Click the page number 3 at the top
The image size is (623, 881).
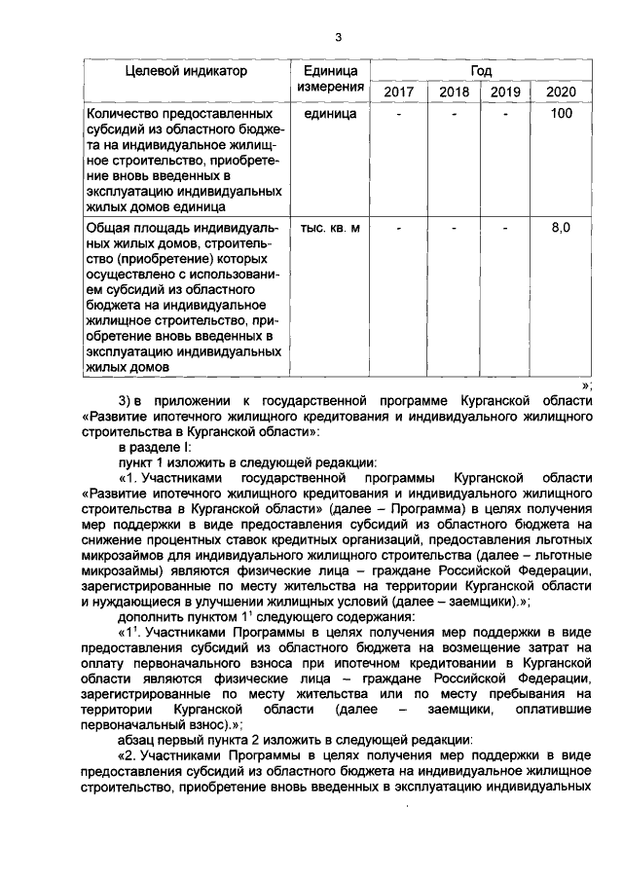[338, 38]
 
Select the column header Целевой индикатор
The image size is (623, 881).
[186, 71]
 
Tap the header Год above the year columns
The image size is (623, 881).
[481, 71]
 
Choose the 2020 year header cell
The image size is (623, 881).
[561, 92]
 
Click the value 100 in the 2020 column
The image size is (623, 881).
[561, 114]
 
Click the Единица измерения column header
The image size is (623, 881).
[331, 80]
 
